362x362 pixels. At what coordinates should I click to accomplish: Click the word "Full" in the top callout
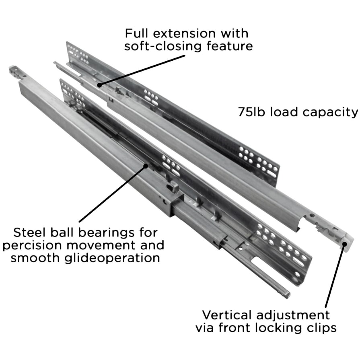[136, 33]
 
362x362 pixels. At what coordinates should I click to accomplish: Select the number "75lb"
[251, 112]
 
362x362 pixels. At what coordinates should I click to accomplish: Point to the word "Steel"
[29, 232]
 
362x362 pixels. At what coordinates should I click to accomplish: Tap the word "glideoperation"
[112, 258]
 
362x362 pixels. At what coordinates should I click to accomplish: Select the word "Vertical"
[227, 315]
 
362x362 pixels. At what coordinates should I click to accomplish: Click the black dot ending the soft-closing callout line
[99, 85]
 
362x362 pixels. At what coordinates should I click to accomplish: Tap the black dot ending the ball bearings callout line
[146, 166]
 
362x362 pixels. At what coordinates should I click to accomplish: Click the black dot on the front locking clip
[344, 245]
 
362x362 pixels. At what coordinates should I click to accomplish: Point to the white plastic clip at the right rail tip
[347, 243]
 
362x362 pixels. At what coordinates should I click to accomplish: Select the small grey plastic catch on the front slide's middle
[173, 187]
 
